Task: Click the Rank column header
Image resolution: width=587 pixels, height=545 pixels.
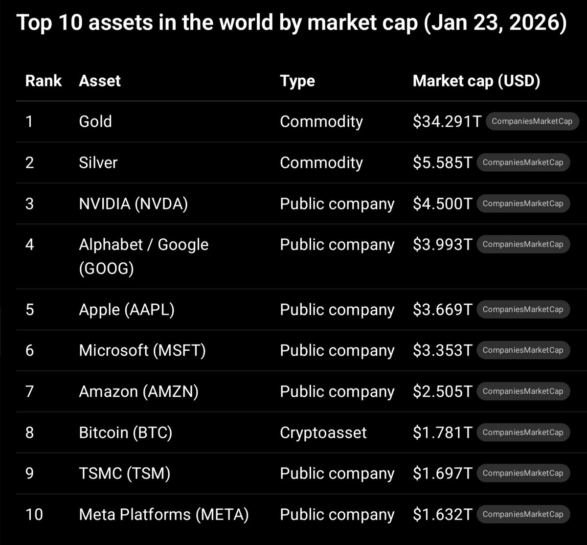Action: click(x=44, y=81)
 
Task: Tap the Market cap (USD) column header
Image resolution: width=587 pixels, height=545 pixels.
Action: click(x=476, y=81)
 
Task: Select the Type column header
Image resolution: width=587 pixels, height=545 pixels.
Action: click(x=297, y=81)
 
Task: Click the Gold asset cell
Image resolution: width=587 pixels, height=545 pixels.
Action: click(x=95, y=121)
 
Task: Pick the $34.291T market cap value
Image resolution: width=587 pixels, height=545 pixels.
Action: click(x=447, y=121)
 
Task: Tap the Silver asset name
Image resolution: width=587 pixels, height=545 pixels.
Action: click(x=98, y=162)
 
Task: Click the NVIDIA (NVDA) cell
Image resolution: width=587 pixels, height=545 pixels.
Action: click(x=133, y=204)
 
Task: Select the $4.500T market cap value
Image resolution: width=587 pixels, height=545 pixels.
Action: click(x=442, y=204)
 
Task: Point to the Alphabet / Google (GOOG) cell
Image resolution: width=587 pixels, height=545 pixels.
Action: click(x=143, y=256)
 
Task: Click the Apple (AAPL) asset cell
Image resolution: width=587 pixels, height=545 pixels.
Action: click(x=127, y=310)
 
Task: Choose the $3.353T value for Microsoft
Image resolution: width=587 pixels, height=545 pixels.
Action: click(x=442, y=350)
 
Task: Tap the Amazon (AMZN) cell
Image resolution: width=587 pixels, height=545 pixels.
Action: click(x=138, y=391)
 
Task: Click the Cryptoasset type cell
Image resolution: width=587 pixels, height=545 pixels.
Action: click(x=323, y=432)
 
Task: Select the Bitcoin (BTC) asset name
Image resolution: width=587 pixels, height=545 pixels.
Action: click(x=125, y=432)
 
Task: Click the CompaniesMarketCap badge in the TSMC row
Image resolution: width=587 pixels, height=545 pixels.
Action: click(x=523, y=473)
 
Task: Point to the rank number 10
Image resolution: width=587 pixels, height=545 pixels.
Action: click(x=34, y=514)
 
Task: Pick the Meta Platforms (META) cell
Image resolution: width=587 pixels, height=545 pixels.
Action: click(x=164, y=514)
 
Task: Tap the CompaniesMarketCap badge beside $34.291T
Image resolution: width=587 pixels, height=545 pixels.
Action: click(x=532, y=121)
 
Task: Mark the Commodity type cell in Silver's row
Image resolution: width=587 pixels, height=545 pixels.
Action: click(x=321, y=162)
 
